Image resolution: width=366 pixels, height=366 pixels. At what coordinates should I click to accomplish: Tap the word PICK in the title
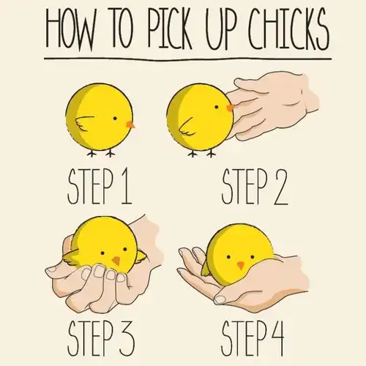[x=169, y=28]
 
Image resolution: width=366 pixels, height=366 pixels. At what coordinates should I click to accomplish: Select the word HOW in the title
[x=70, y=29]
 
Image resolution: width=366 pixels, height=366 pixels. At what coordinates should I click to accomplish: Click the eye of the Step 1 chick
[x=115, y=119]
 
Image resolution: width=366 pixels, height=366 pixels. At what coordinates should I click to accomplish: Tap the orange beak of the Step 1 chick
[x=130, y=124]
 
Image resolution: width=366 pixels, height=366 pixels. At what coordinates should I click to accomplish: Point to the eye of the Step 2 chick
[x=217, y=107]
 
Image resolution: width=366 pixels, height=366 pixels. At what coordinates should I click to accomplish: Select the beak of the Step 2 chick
[x=230, y=108]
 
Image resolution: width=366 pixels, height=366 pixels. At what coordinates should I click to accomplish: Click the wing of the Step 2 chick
[x=187, y=127]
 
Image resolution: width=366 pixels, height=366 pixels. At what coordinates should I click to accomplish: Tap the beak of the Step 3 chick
[x=116, y=260]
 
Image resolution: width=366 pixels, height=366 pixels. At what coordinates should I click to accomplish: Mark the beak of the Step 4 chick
[x=241, y=265]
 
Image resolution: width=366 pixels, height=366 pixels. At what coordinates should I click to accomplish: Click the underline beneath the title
[x=188, y=59]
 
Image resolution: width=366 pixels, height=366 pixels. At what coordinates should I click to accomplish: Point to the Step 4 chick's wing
[x=206, y=271]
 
